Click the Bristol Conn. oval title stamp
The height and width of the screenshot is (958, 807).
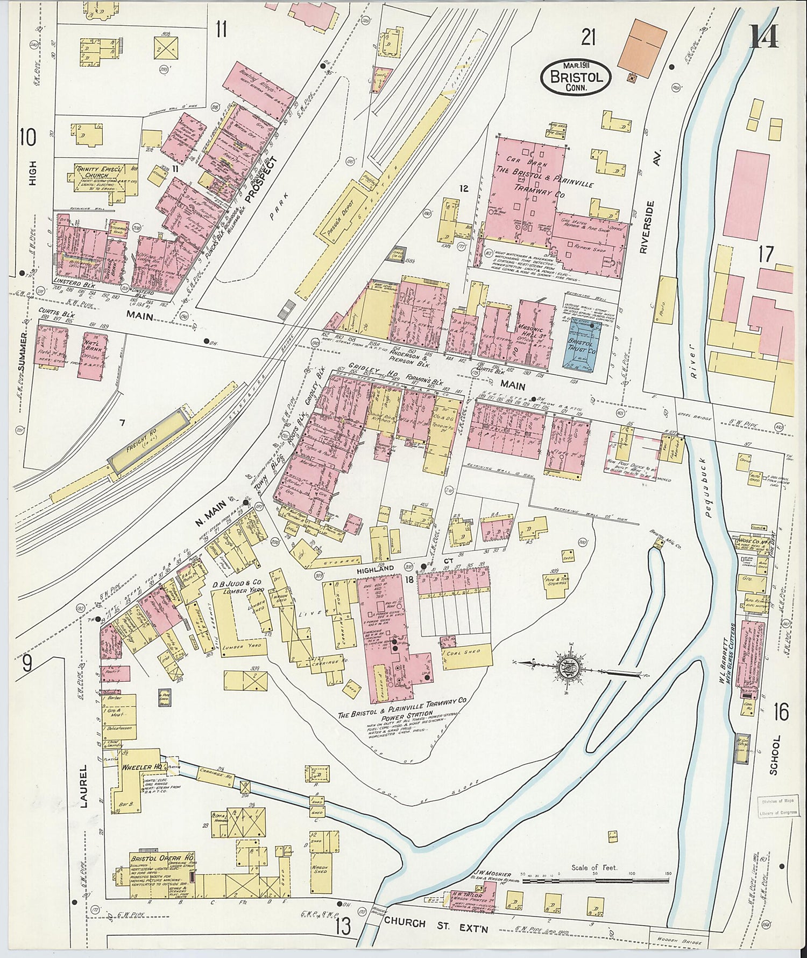[576, 78]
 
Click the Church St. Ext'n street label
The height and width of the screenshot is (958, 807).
[436, 923]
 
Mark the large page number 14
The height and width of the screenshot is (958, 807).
[763, 37]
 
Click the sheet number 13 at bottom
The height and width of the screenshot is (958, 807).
[343, 926]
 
